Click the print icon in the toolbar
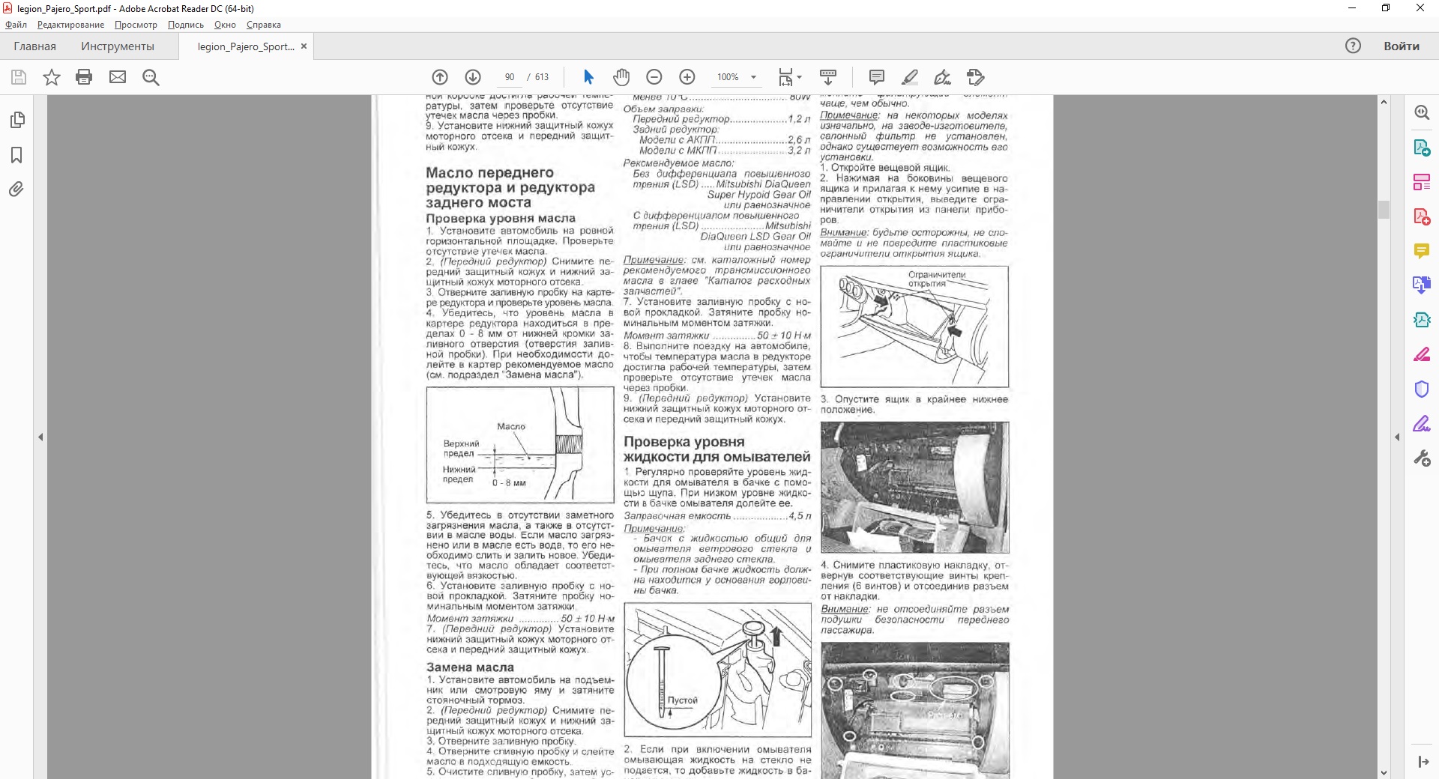coord(84,77)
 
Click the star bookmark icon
coord(51,77)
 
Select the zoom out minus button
coord(654,77)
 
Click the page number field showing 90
coord(510,77)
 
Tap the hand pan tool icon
coord(621,77)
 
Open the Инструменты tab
coord(118,46)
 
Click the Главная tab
coord(34,46)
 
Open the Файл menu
coord(16,25)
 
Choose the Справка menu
coord(263,25)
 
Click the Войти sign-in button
coord(1401,46)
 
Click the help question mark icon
coord(1353,46)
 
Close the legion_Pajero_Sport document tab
coord(304,46)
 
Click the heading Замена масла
coord(470,667)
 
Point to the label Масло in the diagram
coord(511,426)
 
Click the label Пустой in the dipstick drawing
coord(682,700)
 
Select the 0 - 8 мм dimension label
coord(509,483)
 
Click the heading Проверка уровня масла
coord(501,219)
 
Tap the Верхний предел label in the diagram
coord(460,448)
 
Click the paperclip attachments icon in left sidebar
coord(16,189)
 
